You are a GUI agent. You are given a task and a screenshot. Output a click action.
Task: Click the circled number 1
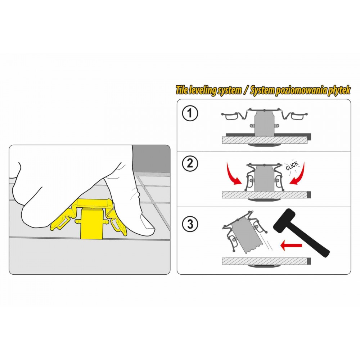pos(190,113)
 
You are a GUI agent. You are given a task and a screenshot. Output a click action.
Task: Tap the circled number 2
pos(190,163)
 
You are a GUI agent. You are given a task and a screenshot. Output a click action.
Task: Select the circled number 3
pos(190,224)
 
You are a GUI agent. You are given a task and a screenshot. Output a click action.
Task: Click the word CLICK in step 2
pos(292,166)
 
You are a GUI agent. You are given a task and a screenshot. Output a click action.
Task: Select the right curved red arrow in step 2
pos(298,174)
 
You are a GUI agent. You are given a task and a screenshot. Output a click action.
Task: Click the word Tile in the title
pos(181,90)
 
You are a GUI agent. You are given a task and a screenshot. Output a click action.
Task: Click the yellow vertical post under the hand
pos(89,223)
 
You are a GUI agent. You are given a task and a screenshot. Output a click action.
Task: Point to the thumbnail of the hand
pos(147,223)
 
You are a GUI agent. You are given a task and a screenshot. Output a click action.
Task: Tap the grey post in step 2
pos(265,178)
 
